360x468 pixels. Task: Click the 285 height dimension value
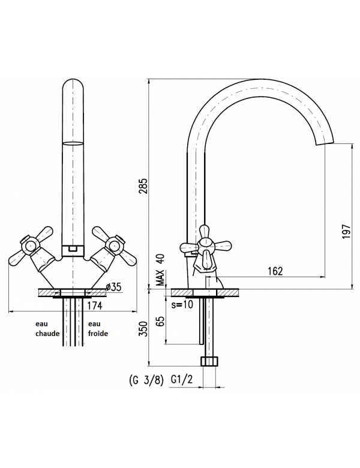click(x=143, y=186)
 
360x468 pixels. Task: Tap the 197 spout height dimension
click(x=346, y=232)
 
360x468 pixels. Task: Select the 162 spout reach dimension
click(x=275, y=271)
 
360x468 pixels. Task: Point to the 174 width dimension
click(x=95, y=305)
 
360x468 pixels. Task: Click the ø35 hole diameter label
click(x=114, y=287)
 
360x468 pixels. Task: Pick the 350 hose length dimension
click(x=144, y=329)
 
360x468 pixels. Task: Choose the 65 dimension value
click(x=160, y=322)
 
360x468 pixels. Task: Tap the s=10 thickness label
click(x=182, y=305)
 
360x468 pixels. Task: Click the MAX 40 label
click(x=161, y=270)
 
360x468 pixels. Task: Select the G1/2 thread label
click(x=182, y=379)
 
